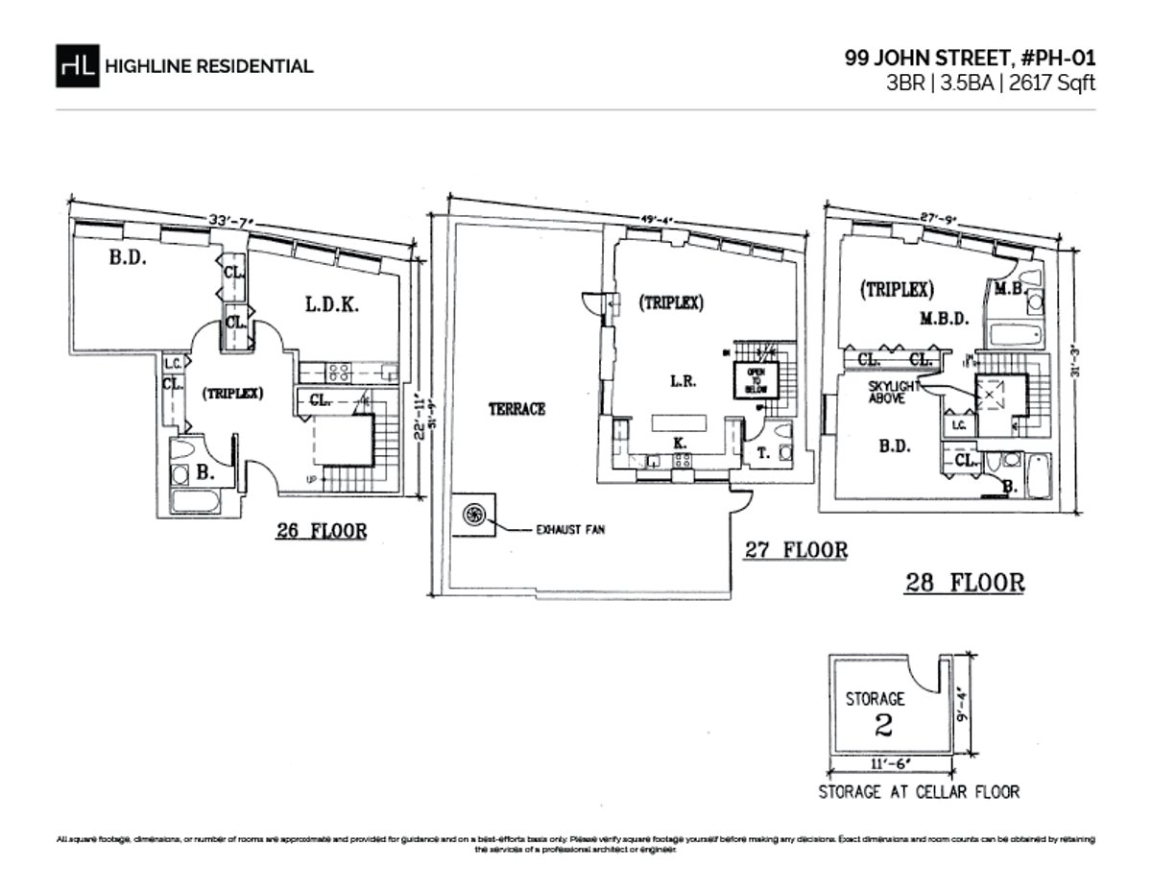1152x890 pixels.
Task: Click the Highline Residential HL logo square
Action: [x=78, y=65]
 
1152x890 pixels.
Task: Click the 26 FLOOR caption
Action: [x=321, y=531]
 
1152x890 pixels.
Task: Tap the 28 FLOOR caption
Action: [x=965, y=582]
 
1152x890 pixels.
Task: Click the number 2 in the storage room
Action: [x=883, y=725]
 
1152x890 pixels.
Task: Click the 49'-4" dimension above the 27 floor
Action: [x=649, y=220]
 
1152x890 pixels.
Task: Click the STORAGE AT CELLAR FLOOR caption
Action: [x=918, y=792]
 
